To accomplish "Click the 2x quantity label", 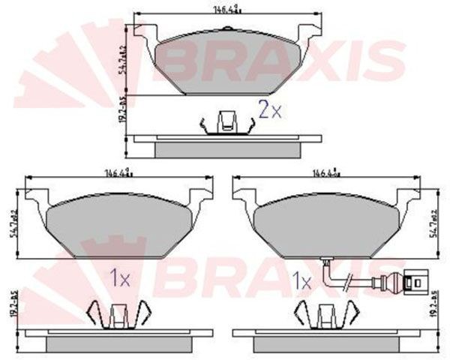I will pos(270,110).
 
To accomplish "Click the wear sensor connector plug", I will pos(410,284).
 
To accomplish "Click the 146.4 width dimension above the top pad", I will pos(230,10).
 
